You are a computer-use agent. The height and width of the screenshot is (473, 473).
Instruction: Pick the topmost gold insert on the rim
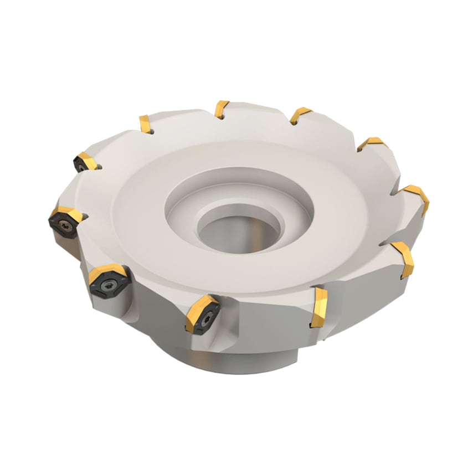click(x=222, y=108)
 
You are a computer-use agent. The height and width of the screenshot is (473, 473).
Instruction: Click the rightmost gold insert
click(x=418, y=197)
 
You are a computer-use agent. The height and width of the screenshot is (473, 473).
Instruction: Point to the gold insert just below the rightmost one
click(x=403, y=259)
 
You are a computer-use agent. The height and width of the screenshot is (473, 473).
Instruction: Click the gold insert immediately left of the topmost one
click(x=145, y=124)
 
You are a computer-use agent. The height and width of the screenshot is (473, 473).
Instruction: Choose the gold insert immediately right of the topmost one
click(x=300, y=114)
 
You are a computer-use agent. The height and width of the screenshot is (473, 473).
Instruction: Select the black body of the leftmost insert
click(x=61, y=228)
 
